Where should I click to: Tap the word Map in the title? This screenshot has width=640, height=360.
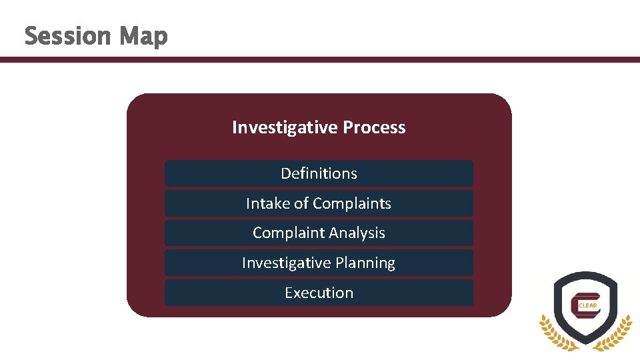pyautogui.click(x=143, y=37)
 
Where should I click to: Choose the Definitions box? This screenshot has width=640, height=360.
pyautogui.click(x=319, y=173)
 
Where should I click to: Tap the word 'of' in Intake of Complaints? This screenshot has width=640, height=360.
pyautogui.click(x=301, y=203)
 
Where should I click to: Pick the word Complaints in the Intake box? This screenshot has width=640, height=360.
pyautogui.click(x=352, y=204)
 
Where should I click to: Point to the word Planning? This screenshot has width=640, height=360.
pyautogui.click(x=365, y=263)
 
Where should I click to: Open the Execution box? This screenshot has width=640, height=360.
pyautogui.click(x=319, y=293)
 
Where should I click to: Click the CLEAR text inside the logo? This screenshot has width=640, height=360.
pyautogui.click(x=589, y=307)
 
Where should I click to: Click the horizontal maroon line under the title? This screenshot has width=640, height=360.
pyautogui.click(x=320, y=59)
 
